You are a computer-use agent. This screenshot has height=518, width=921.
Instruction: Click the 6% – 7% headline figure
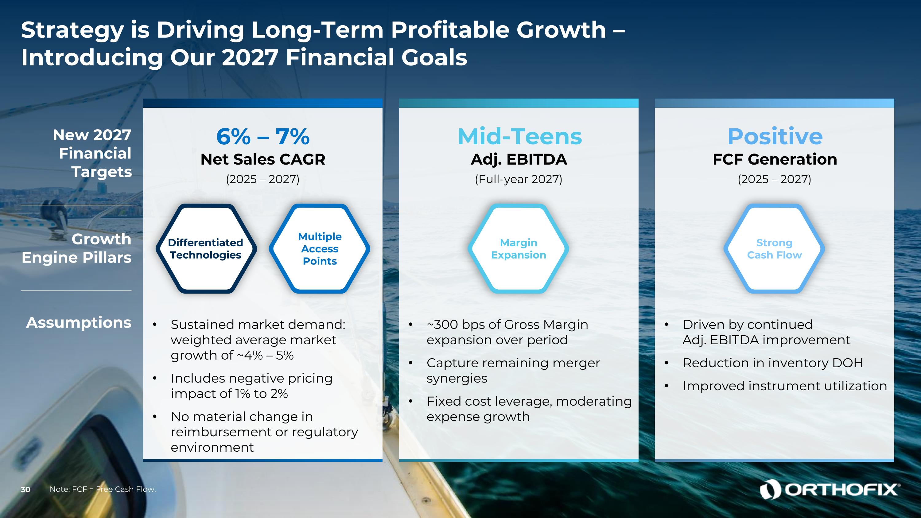[x=263, y=136]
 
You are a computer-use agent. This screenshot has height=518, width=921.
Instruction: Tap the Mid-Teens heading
[x=519, y=136]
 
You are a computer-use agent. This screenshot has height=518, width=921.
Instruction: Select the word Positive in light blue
[x=775, y=136]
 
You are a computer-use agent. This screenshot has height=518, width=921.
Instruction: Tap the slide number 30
[x=25, y=489]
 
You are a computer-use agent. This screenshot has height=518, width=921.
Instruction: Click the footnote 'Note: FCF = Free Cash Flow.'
[x=103, y=489]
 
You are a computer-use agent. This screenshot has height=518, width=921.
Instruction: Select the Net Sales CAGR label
[x=263, y=159]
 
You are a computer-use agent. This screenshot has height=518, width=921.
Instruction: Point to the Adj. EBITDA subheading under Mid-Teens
[x=519, y=159]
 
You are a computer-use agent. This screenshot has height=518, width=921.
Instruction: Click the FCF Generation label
[x=775, y=159]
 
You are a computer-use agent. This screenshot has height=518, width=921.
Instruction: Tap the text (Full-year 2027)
[x=519, y=179]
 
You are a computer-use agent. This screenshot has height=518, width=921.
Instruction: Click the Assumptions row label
[x=79, y=323]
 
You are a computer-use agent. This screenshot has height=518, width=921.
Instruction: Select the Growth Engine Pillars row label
[x=76, y=248]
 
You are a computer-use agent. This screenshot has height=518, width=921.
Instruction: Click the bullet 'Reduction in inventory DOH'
[x=773, y=363]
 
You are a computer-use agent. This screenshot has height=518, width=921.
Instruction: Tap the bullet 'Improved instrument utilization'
[x=785, y=386]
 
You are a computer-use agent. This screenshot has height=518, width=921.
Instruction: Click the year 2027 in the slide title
[x=250, y=57]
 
